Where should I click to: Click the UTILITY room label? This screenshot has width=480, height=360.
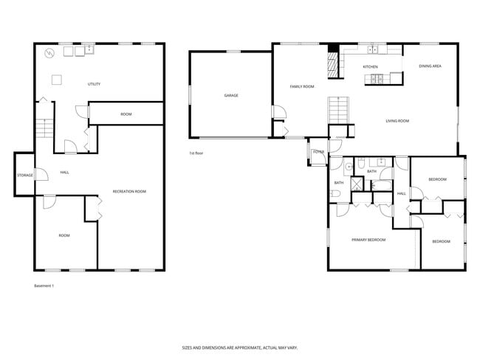tap(94, 84)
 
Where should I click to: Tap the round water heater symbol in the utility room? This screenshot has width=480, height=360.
tap(49, 53)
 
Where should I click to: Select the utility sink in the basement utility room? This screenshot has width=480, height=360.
tap(89, 50)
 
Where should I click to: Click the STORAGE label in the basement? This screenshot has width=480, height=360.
tap(24, 175)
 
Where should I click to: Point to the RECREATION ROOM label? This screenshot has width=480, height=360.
tap(129, 191)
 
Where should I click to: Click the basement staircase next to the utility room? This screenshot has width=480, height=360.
tap(44, 129)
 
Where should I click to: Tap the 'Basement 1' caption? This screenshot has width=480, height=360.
tap(44, 285)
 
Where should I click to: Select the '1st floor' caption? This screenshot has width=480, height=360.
tap(196, 153)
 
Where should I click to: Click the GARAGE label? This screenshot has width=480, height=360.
tap(231, 95)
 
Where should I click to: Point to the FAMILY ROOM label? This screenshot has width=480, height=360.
tap(301, 86)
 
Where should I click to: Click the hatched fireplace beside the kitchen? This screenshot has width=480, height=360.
tap(333, 63)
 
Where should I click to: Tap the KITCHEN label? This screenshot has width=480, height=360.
tap(370, 67)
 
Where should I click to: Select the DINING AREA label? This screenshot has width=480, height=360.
tap(430, 66)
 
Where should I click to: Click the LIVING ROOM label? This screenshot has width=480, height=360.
tap(397, 121)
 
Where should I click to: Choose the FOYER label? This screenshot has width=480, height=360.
tap(318, 152)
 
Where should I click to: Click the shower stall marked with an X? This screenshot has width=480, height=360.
tap(357, 183)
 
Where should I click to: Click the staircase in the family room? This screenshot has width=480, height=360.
tap(337, 111)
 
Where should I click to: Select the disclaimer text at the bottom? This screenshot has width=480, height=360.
tap(239, 347)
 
